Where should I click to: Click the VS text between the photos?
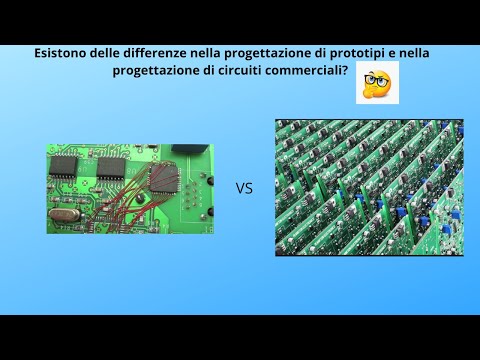tap(243, 187)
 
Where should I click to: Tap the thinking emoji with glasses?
tap(377, 82)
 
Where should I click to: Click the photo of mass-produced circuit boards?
tap(369, 187)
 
